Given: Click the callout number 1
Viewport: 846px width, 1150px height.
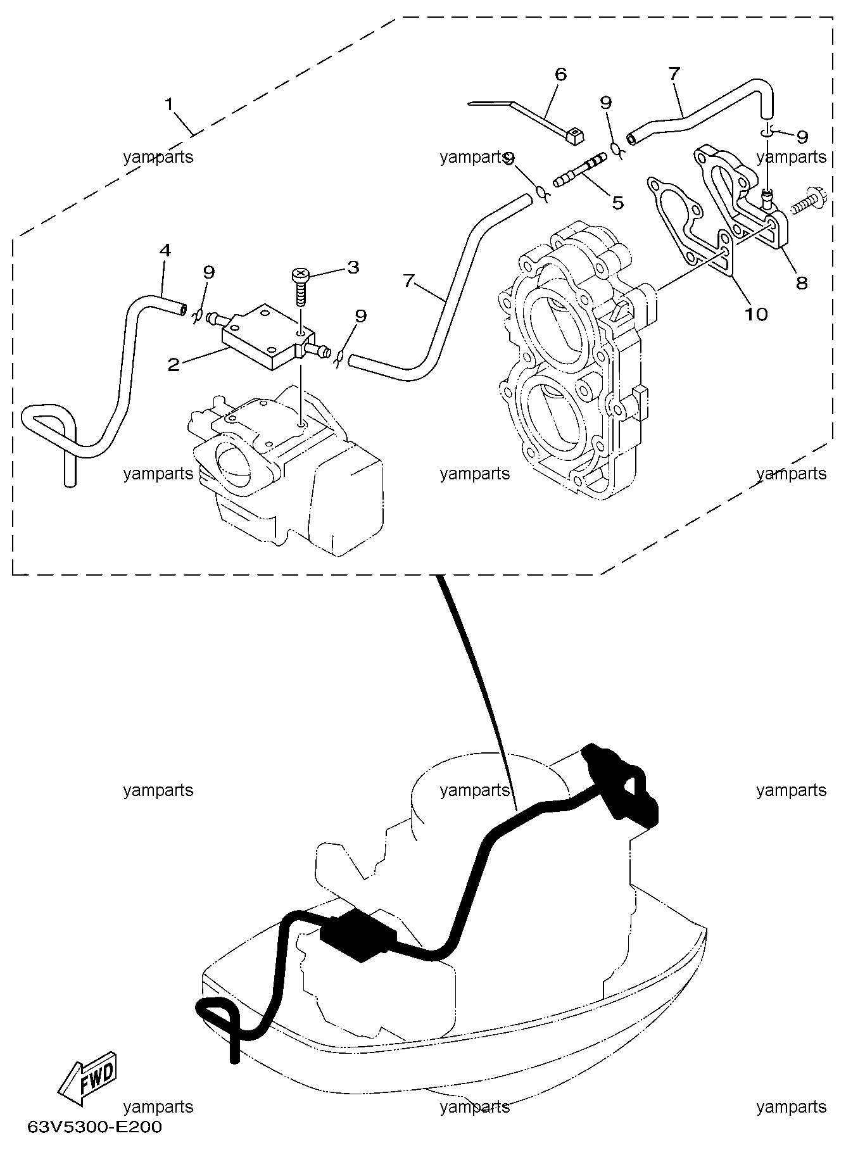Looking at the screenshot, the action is [x=169, y=103].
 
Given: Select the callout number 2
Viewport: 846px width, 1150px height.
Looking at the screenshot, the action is [x=173, y=364].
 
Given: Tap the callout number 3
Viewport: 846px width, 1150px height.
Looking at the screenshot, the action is [x=353, y=267].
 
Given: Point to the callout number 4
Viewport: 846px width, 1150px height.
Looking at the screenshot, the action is [x=165, y=250].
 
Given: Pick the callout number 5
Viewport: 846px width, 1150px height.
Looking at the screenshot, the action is [x=617, y=202].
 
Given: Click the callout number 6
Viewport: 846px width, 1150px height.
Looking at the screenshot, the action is [x=560, y=74].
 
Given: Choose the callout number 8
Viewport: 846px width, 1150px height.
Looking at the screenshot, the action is [x=802, y=282].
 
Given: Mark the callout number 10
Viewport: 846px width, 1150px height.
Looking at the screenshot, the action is [x=757, y=313].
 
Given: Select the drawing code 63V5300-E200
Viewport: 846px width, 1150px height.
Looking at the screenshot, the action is [x=94, y=1127].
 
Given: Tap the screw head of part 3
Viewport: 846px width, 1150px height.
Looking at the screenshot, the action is [x=300, y=275].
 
